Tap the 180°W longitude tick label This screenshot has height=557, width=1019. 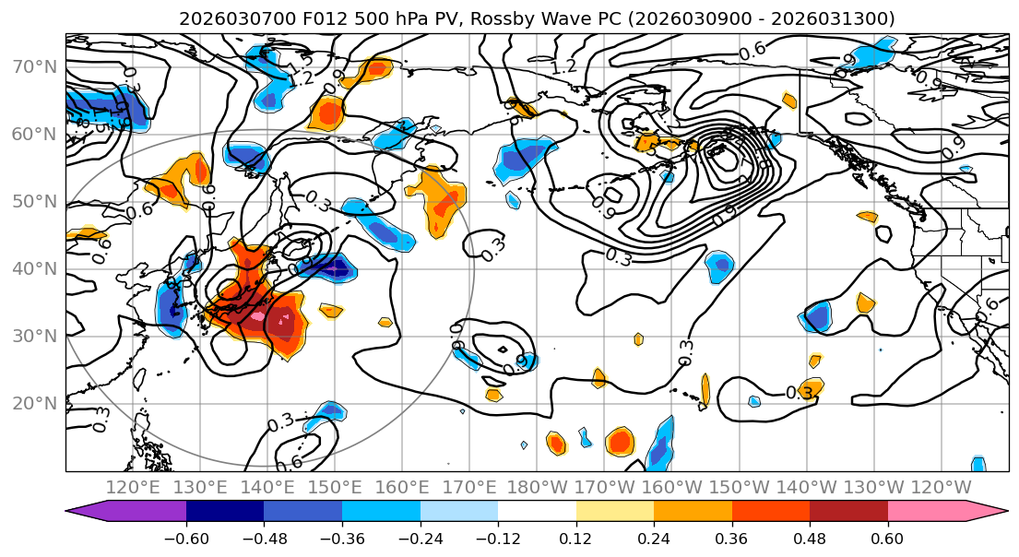pos(538,487)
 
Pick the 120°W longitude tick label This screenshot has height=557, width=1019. pos(942,487)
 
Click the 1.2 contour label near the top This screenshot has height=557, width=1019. pos(563,66)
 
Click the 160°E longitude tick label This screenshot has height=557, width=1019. pos(403,487)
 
